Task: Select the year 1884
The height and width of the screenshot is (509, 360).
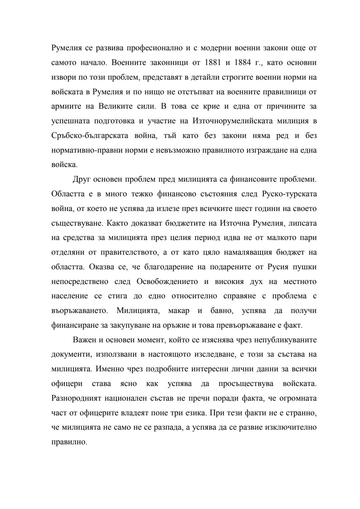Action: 240,63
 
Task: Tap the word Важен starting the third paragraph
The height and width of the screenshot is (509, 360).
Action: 85,340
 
